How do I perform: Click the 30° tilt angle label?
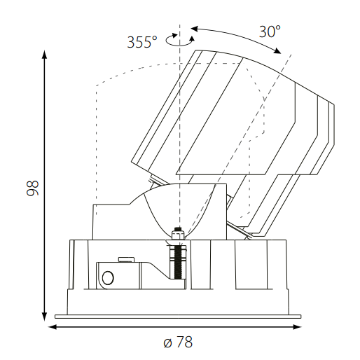(x=270, y=32)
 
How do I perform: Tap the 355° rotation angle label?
(x=142, y=42)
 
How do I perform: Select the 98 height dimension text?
(x=32, y=188)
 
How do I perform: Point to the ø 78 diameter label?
(x=178, y=342)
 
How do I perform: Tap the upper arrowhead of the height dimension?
(x=44, y=55)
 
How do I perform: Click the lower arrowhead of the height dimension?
(x=44, y=317)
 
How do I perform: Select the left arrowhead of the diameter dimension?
(x=53, y=327)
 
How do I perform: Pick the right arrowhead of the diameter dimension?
(x=297, y=327)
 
